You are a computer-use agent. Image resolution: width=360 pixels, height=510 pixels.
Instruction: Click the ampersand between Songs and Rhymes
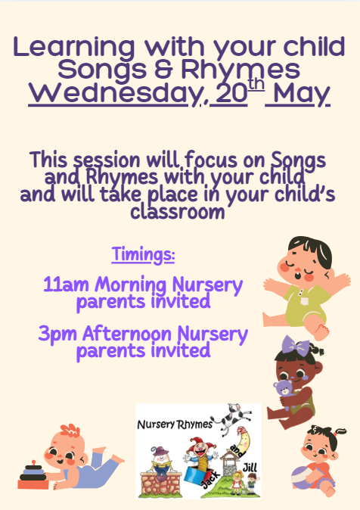click(167, 70)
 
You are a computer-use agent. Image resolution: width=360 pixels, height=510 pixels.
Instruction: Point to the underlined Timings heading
click(144, 255)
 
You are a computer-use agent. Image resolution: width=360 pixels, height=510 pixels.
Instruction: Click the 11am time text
click(66, 285)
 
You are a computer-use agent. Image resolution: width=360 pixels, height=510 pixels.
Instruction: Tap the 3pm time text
click(57, 334)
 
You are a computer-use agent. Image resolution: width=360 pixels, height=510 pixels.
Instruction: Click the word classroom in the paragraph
click(178, 212)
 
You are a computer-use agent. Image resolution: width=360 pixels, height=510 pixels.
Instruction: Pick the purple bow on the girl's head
click(296, 346)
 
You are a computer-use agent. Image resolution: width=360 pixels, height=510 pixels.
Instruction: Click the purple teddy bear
click(284, 392)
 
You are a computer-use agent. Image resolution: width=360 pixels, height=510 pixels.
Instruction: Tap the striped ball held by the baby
click(303, 478)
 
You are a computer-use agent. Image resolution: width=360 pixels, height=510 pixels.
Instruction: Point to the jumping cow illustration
click(231, 419)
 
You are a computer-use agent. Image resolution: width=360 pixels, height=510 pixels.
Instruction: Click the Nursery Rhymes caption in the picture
click(175, 424)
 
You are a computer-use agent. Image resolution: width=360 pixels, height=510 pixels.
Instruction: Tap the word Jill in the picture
click(250, 468)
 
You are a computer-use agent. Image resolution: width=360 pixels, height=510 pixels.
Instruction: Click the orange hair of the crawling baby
click(70, 431)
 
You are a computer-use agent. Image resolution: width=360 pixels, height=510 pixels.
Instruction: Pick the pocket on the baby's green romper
click(304, 301)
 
